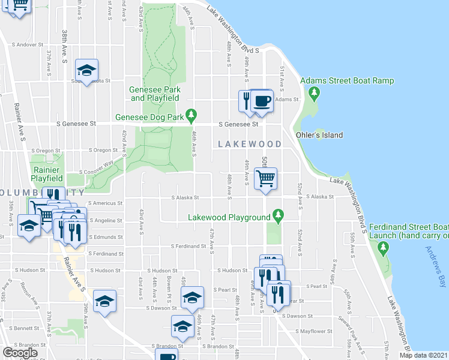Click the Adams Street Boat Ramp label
[x=347, y=81]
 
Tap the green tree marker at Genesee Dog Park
[x=191, y=115]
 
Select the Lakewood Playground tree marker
[x=277, y=214]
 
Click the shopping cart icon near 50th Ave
[x=265, y=178]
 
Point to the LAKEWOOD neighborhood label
[x=249, y=144]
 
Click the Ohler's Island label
[x=319, y=135]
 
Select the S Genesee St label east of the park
[x=238, y=124]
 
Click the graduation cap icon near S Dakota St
[x=86, y=70]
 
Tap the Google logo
[x=20, y=353]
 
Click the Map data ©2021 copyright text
[x=424, y=355]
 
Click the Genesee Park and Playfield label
[x=154, y=93]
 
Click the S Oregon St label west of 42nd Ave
[x=103, y=150]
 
